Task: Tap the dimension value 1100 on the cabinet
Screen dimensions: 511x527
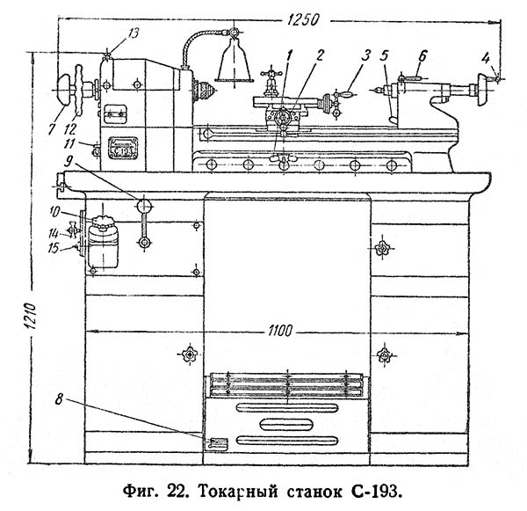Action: [x=277, y=331]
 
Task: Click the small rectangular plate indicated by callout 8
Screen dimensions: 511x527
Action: [x=216, y=443]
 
